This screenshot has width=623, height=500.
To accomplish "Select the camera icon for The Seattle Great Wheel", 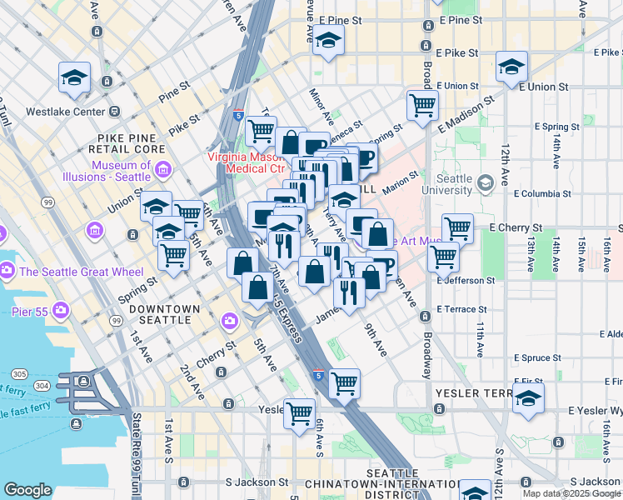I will [x=7, y=270].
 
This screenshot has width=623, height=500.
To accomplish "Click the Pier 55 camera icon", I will [x=61, y=311].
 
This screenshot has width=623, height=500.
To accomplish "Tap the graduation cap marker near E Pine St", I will [x=328, y=39].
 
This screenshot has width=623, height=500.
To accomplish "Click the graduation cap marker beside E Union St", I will [x=511, y=67].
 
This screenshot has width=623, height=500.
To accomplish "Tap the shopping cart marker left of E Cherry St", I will [x=457, y=227].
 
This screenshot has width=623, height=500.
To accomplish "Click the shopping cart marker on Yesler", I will [x=299, y=412].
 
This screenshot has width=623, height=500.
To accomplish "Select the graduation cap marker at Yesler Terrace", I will [x=528, y=399].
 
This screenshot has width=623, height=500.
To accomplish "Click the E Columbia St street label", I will [x=542, y=193].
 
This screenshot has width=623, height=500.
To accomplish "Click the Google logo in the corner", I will [x=28, y=489].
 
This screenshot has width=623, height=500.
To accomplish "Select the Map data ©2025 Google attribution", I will [x=571, y=493].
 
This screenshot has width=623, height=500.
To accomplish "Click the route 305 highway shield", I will [x=17, y=373].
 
